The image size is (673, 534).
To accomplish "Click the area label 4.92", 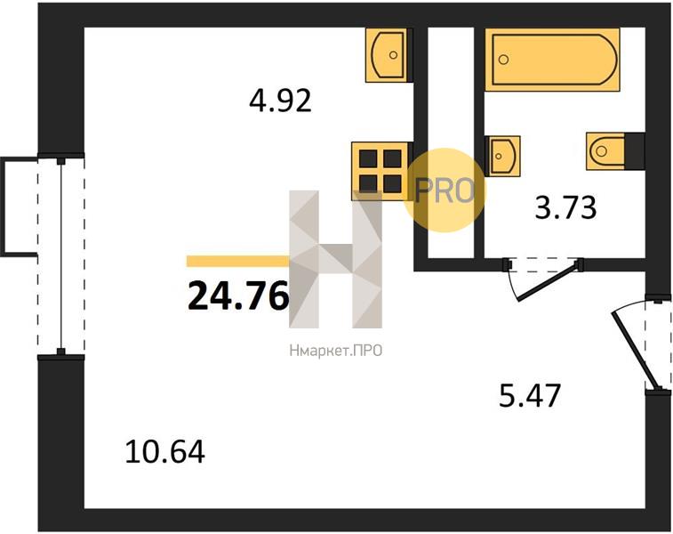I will pyautogui.click(x=280, y=101).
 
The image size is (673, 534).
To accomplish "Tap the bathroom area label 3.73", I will pyautogui.click(x=565, y=208).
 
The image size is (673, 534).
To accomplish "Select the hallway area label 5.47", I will pyautogui.click(x=530, y=394).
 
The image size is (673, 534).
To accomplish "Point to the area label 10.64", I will pyautogui.click(x=165, y=452).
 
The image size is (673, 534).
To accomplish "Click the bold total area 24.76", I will pyautogui.click(x=238, y=295).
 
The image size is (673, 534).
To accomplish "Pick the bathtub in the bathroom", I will pyautogui.click(x=551, y=60).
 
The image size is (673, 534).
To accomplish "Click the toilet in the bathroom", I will pyautogui.click(x=606, y=150).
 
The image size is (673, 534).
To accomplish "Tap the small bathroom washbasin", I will pyautogui.click(x=503, y=156).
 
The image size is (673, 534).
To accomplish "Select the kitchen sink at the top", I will pyautogui.click(x=388, y=54).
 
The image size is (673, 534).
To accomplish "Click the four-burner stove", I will pyautogui.click(x=380, y=169).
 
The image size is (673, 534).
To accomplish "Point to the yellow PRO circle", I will pyautogui.click(x=445, y=190).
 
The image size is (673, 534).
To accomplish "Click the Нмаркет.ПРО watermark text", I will pyautogui.click(x=335, y=352).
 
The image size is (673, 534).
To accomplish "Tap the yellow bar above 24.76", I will pyautogui.click(x=237, y=262).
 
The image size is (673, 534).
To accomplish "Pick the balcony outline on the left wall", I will pyautogui.click(x=16, y=206).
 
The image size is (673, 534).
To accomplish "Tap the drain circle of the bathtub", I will pyautogui.click(x=504, y=61).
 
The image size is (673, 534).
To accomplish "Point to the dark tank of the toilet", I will pyautogui.click(x=635, y=150).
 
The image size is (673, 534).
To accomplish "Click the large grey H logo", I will pyautogui.click(x=335, y=258).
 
